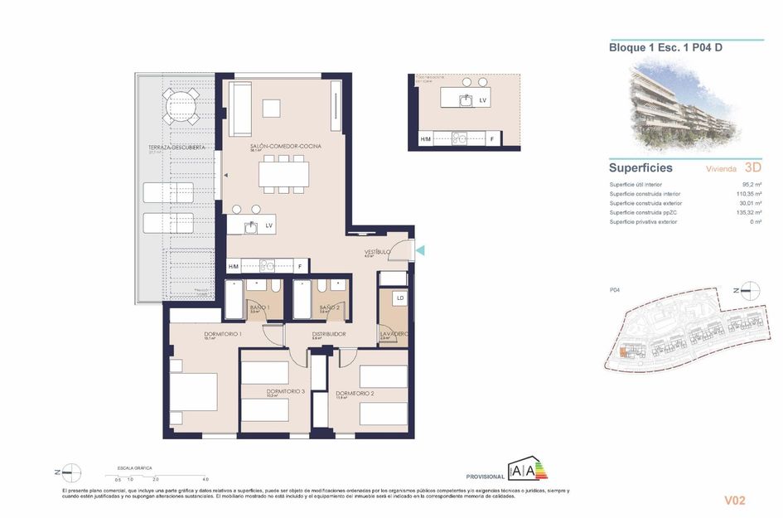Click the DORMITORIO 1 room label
222,334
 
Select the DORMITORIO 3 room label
286,391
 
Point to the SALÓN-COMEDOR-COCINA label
285,146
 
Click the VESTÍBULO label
377,251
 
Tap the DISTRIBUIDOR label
328,334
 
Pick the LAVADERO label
394,334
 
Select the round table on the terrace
180,107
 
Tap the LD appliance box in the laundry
399,298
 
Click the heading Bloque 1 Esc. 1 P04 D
665,48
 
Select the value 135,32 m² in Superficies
747,212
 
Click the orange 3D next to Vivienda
753,167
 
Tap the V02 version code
735,500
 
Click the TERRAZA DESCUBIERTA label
171,148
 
